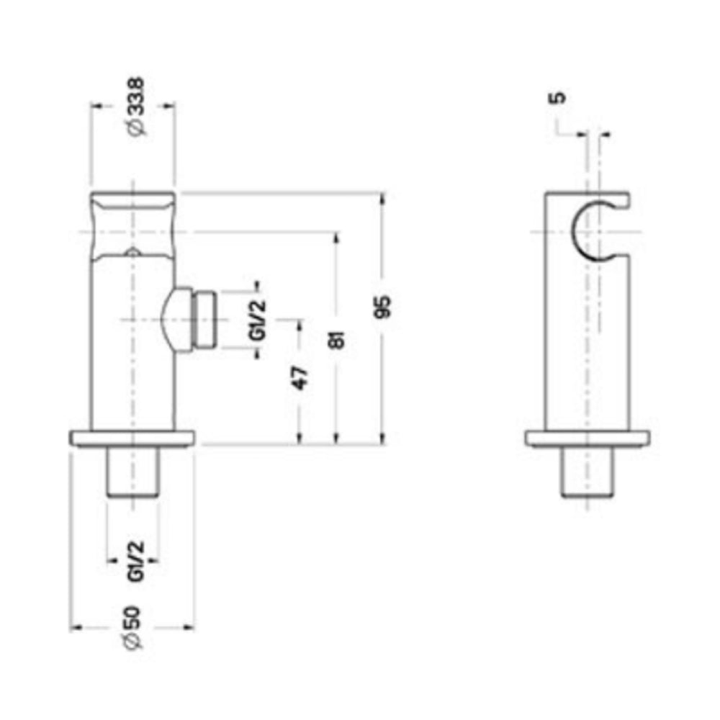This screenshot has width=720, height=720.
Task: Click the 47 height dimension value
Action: click(x=300, y=377)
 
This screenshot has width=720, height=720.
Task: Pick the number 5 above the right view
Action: click(x=559, y=98)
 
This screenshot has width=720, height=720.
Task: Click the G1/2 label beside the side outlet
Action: click(x=258, y=320)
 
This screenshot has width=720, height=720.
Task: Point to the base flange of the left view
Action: click(x=132, y=438)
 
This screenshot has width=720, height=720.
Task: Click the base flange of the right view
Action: click(x=588, y=438)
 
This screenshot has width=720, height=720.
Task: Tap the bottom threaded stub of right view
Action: click(x=588, y=472)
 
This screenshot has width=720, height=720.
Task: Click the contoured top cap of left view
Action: click(x=132, y=223)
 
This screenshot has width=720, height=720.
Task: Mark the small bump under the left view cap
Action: click(x=131, y=252)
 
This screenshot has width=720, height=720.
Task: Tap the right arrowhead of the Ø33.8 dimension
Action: click(x=171, y=105)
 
